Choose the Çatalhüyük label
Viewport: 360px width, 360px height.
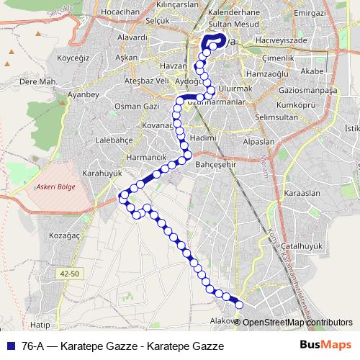(x=299, y=246)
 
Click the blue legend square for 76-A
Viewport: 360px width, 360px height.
(x=9, y=345)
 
